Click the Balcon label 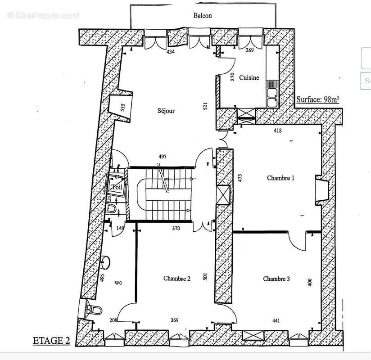pos(203,15)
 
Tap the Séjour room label pos(166,111)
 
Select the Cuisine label pos(249,77)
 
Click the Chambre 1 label pos(281,178)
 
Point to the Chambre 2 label pos(176,279)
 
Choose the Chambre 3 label pos(276,279)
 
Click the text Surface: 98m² pos(317,100)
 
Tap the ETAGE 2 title pos(51,341)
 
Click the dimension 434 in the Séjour pos(170,52)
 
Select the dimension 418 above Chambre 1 pos(278,130)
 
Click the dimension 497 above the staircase pos(163,157)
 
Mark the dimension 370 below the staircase pos(176,229)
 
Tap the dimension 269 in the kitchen pos(250,50)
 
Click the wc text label pos(118,283)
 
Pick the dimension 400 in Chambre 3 pos(309,282)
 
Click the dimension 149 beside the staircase pos(121,229)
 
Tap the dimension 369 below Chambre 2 pos(174,320)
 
